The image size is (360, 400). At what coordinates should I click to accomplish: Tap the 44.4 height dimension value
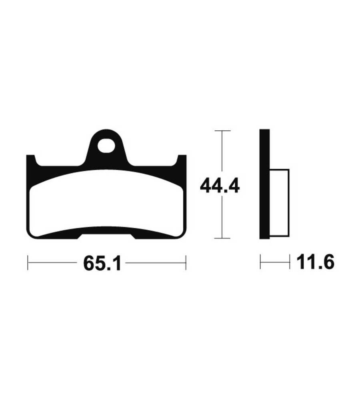pyautogui.click(x=220, y=186)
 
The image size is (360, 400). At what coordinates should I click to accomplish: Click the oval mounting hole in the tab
pyautogui.click(x=106, y=146)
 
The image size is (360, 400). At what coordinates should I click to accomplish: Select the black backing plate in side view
pyautogui.click(x=264, y=184)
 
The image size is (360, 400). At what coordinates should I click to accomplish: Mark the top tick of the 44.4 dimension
pyautogui.click(x=222, y=131)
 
